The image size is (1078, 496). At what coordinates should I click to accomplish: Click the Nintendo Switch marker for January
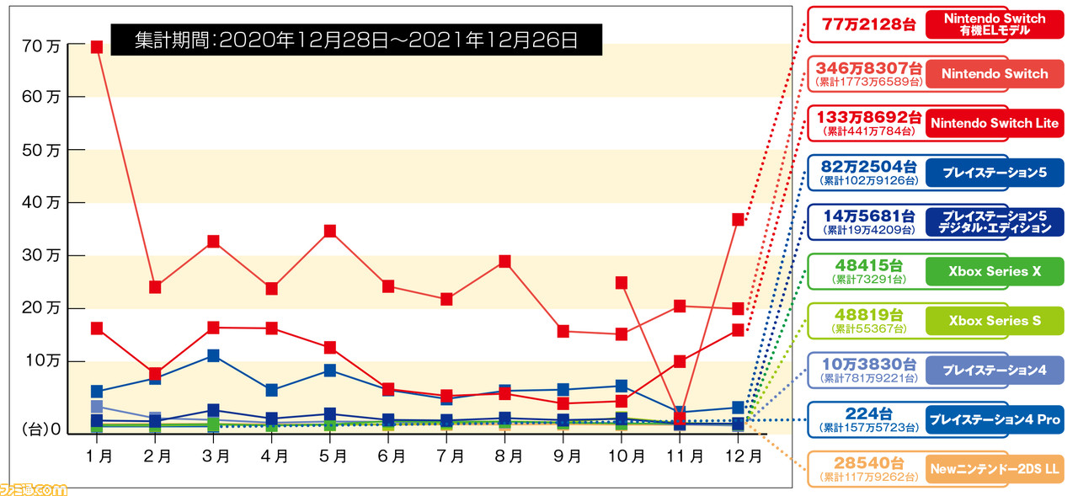[97, 47]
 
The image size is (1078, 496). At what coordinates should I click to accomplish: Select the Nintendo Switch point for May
[330, 231]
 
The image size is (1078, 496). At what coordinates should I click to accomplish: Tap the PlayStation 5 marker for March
[213, 355]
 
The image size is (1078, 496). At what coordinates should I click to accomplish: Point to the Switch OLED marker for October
[622, 283]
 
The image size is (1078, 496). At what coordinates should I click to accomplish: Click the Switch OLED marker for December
[738, 220]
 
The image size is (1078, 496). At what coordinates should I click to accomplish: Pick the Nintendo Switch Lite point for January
[97, 328]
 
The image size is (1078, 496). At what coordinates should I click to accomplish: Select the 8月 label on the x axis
[510, 456]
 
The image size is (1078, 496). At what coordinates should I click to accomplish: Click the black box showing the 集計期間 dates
[356, 39]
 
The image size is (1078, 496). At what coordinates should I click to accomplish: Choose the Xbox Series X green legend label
[994, 271]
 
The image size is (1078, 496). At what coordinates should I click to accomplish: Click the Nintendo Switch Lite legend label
[994, 123]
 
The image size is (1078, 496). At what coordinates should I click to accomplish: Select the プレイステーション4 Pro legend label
[994, 419]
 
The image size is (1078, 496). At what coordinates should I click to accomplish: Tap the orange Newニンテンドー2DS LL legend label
[994, 468]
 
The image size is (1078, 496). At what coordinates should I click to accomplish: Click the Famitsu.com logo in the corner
[34, 488]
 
